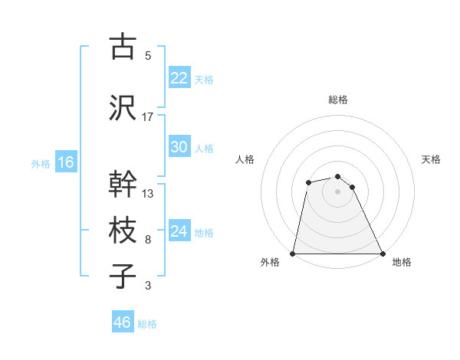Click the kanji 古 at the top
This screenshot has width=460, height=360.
coord(122,47)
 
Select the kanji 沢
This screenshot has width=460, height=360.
coord(122,108)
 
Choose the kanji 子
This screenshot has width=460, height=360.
coord(122,277)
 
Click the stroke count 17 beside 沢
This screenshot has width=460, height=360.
coord(148,117)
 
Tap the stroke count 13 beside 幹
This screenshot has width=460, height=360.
coord(148,194)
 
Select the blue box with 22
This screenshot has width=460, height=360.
coord(179,78)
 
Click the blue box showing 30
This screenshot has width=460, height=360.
coord(179,147)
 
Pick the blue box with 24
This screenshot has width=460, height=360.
coord(179,231)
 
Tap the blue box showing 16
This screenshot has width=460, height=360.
coord(65,162)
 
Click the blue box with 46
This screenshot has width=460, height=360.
coord(123,322)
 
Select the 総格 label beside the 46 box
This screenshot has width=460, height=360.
coord(147,324)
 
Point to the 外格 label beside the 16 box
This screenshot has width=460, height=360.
coord(41,163)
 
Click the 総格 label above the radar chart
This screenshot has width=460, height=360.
coord(337,100)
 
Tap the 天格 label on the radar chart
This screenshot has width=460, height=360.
coord(431,159)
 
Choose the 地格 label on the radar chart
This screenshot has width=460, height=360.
coord(402,263)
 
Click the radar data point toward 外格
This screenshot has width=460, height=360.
coord(293,253)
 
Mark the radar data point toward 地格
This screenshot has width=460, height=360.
coord(382,253)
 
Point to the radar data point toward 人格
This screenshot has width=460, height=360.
coord(308,182)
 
